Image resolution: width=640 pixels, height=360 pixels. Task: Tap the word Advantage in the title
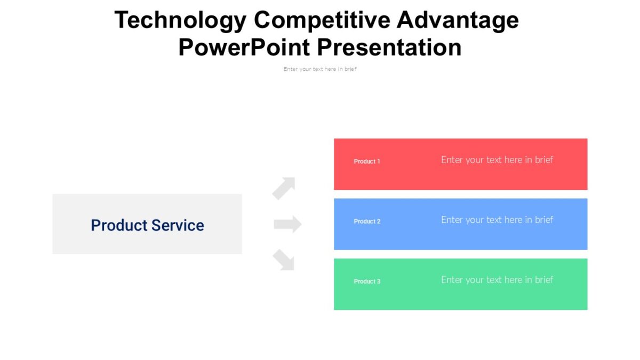[x=458, y=21]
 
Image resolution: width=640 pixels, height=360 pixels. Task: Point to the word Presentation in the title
[x=389, y=47]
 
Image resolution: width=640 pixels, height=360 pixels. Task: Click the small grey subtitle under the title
[x=320, y=69]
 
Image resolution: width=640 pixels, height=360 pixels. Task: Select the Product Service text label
[x=147, y=225]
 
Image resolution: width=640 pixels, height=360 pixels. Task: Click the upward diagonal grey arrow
[x=284, y=188]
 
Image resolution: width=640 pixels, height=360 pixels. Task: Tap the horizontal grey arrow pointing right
[x=287, y=225]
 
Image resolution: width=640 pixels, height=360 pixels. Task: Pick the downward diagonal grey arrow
[x=284, y=260]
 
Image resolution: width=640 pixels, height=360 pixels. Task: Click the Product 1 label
[x=367, y=162]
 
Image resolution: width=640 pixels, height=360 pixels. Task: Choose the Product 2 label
[x=367, y=221]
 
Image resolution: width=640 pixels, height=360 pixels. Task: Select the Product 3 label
[x=367, y=282]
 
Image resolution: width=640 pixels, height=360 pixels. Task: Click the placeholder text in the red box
[x=497, y=160]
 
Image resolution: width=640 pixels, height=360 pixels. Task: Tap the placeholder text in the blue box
[x=497, y=220]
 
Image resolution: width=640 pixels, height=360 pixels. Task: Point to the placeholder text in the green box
[x=497, y=280]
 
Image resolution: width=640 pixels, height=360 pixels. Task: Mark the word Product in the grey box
[x=118, y=225]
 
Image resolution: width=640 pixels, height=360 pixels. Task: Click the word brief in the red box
[x=544, y=160]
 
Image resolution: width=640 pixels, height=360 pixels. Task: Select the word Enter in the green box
[x=452, y=280]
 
